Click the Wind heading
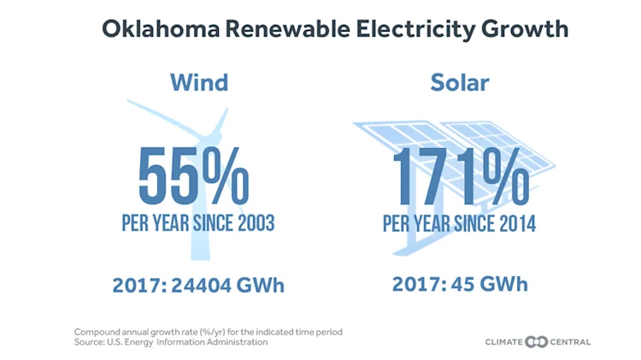click(x=198, y=82)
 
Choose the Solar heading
click(x=459, y=82)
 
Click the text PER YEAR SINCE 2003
click(x=197, y=224)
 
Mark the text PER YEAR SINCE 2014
click(x=459, y=224)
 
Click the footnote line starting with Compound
click(x=209, y=331)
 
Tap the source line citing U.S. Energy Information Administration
click(x=171, y=342)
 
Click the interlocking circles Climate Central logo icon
click(x=536, y=342)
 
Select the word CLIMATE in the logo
click(x=503, y=342)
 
